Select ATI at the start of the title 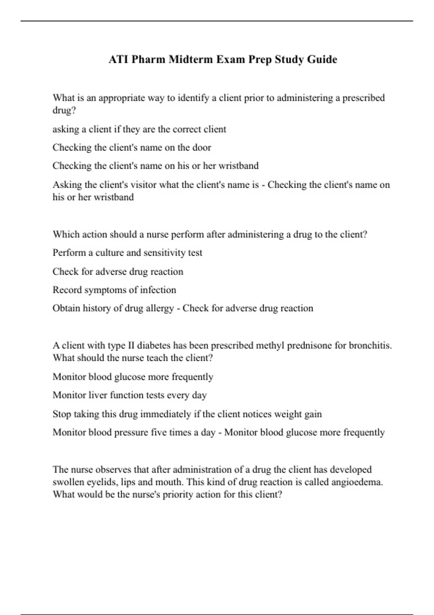118,59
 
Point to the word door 202,148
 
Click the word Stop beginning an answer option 61,414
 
